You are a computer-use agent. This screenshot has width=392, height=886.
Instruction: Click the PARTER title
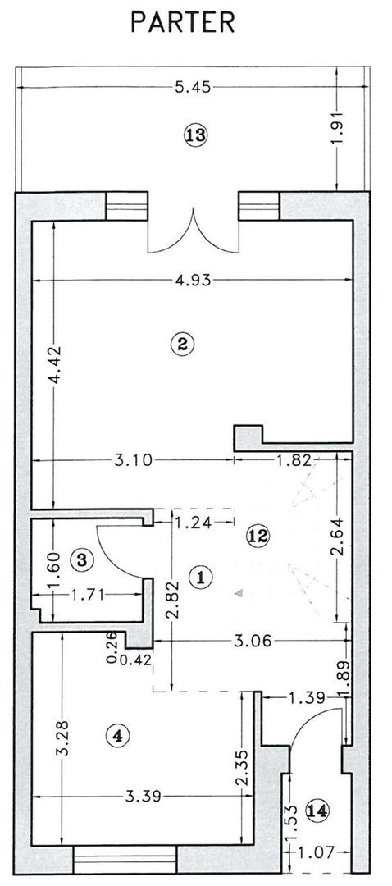pyautogui.click(x=183, y=22)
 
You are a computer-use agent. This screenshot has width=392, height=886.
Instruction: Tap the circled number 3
pyautogui.click(x=80, y=560)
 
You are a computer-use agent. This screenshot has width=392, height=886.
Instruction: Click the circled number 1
pyautogui.click(x=199, y=577)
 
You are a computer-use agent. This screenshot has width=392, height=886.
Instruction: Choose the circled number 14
pyautogui.click(x=317, y=811)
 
